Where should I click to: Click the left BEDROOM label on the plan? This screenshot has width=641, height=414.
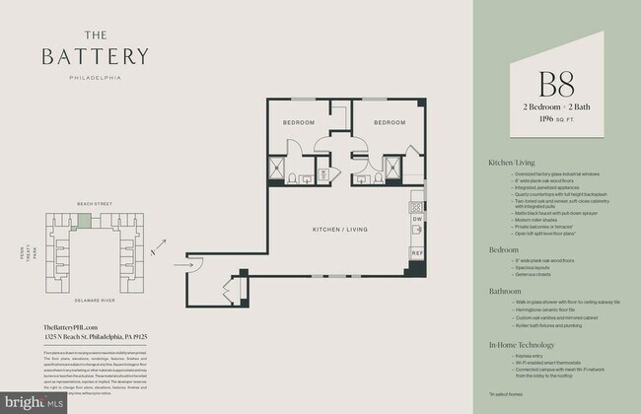(x=298, y=123)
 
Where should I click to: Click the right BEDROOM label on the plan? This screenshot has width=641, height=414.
(x=390, y=123)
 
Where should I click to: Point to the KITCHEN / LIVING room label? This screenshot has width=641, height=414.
(x=339, y=228)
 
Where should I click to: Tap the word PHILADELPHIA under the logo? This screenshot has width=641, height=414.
(x=95, y=76)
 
